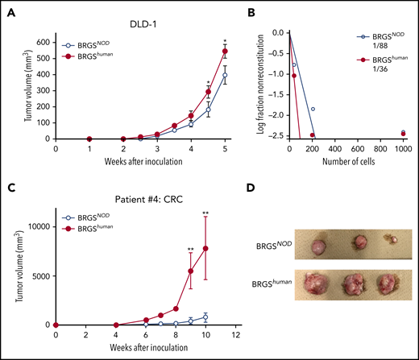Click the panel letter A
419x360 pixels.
click(7, 9)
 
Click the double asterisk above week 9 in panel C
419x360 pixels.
click(190, 249)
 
